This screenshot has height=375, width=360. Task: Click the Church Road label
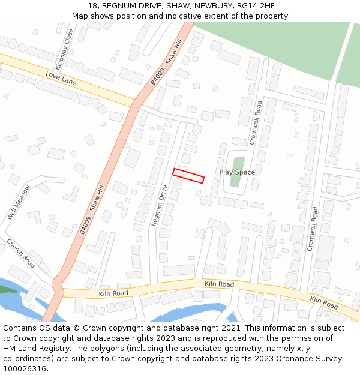pyautogui.click(x=20, y=253)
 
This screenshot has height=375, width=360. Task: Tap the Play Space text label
pyautogui.click(x=237, y=172)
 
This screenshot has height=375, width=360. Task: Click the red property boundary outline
pyautogui.click(x=188, y=175)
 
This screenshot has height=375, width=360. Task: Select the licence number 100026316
pyautogui.click(x=25, y=368)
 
